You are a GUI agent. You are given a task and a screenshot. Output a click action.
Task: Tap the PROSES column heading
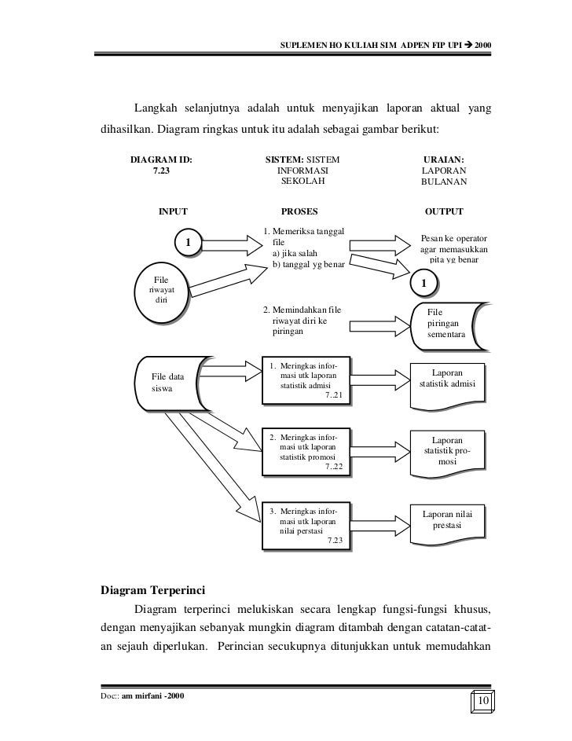pyautogui.click(x=299, y=211)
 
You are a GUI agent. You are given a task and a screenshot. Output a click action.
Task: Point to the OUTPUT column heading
pyautogui.click(x=444, y=211)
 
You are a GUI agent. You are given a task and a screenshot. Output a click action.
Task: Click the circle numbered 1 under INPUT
pyautogui.click(x=187, y=243)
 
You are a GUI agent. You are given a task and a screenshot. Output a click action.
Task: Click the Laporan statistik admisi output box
pyautogui.click(x=446, y=379)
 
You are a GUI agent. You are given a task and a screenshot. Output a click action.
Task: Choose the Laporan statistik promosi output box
pyautogui.click(x=446, y=450)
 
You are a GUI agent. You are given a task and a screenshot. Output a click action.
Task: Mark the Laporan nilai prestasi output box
pyautogui.click(x=446, y=519)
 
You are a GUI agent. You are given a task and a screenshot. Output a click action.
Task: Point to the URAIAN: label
pyautogui.click(x=444, y=158)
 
